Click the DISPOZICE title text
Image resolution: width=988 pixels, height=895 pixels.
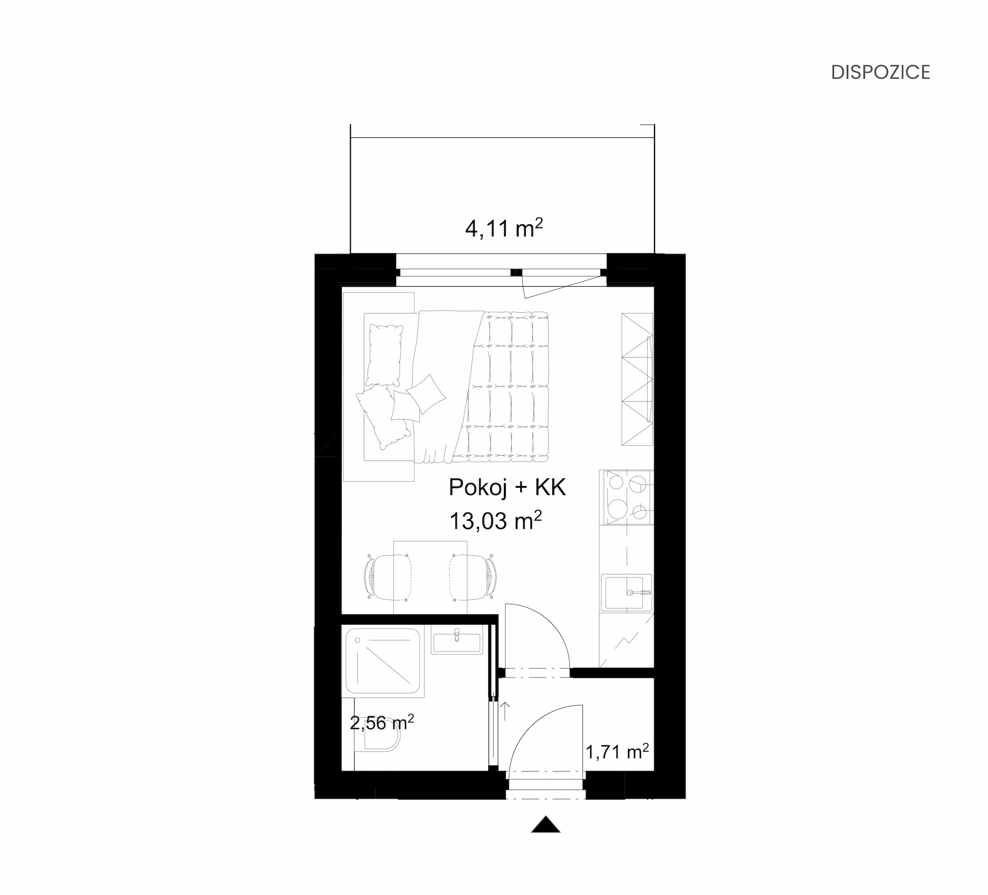pyautogui.click(x=880, y=72)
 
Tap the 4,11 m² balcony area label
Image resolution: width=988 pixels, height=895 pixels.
pyautogui.click(x=504, y=229)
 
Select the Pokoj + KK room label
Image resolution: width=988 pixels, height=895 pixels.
pyautogui.click(x=507, y=488)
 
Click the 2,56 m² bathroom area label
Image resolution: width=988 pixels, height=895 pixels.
pyautogui.click(x=382, y=723)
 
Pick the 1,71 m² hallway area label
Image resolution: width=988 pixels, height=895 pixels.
pyautogui.click(x=617, y=752)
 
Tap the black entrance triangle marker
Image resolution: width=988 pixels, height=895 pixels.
pyautogui.click(x=545, y=824)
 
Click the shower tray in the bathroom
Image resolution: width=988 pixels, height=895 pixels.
pyautogui.click(x=383, y=660)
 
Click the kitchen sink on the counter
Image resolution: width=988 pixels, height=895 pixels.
pyautogui.click(x=626, y=593)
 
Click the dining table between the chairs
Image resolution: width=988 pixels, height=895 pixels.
pyautogui.click(x=430, y=577)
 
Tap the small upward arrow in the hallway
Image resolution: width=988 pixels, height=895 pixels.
pyautogui.click(x=505, y=711)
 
